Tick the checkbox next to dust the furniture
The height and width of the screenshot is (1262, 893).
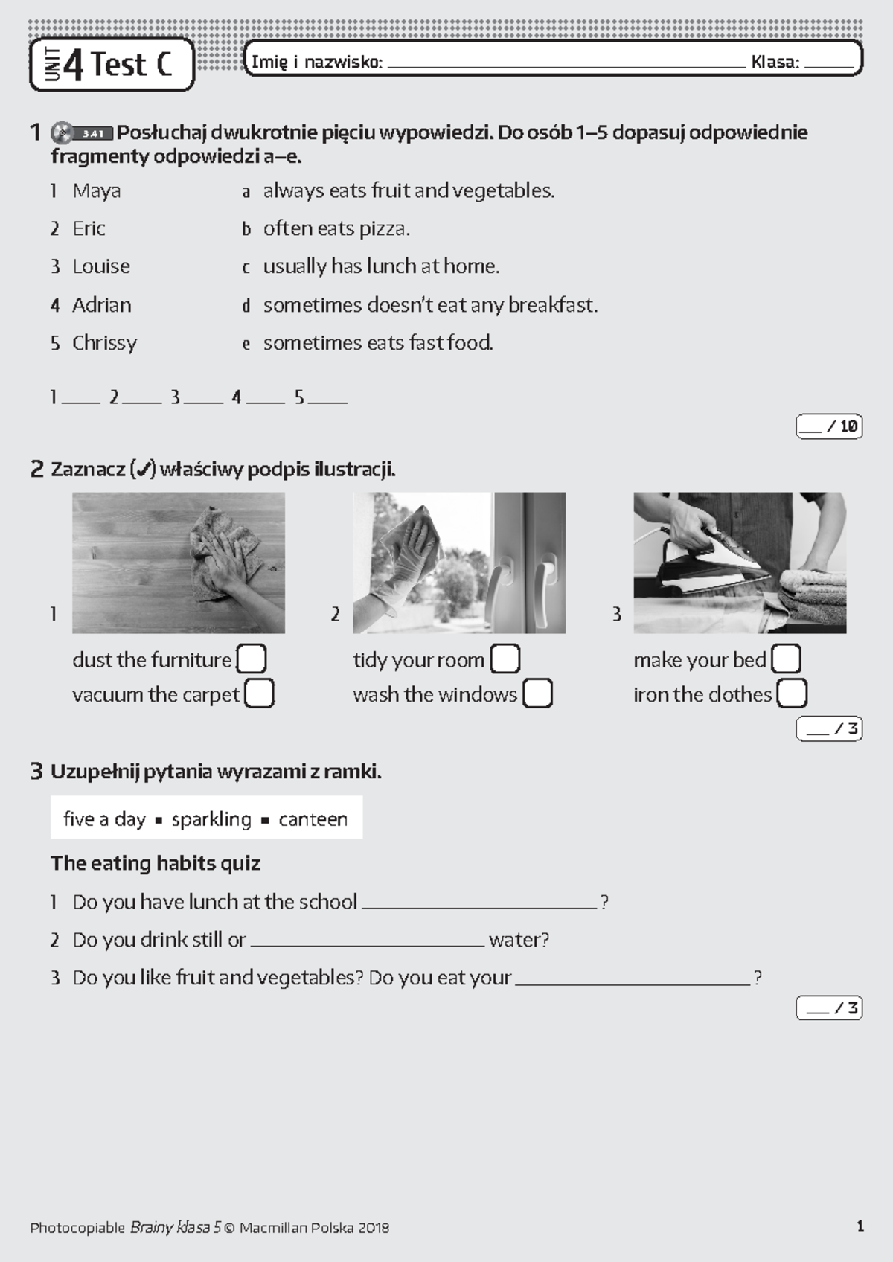point(251,659)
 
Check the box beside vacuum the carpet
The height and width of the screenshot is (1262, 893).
point(259,694)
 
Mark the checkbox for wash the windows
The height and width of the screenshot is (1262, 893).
point(537,694)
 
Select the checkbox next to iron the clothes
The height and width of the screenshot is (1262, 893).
point(791,694)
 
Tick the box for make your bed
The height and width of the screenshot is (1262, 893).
point(786,659)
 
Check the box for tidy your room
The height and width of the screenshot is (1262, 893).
point(505,659)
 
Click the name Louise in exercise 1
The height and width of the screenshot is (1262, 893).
point(101,266)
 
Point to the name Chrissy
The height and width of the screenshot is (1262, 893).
point(104,343)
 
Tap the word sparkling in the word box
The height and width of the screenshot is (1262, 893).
point(211,819)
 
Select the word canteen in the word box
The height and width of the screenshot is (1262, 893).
point(313,819)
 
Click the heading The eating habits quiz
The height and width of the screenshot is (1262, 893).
point(155,863)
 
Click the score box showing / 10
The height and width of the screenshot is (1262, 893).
point(829,426)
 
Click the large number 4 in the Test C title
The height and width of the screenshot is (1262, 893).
point(74,65)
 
